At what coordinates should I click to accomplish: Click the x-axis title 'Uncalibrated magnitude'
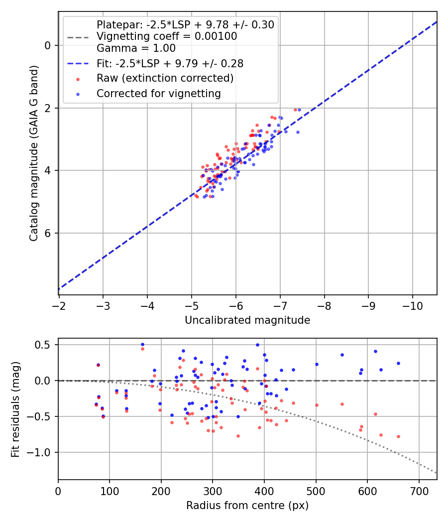coord(247,320)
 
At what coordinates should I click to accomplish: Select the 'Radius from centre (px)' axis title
coord(247,506)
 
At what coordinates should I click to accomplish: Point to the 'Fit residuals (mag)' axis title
coord(16,409)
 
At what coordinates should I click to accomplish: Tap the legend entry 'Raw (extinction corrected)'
coord(165,78)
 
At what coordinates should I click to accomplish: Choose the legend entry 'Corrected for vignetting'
coord(158,93)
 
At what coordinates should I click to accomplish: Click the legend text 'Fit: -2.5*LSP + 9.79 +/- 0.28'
coord(170,64)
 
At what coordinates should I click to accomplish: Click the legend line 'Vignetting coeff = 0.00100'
coord(167,36)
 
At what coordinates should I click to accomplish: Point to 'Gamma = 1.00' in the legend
coord(136,48)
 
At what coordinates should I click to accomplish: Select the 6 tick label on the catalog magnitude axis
coord(48,233)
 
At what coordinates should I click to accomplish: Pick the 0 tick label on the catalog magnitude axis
coord(48,45)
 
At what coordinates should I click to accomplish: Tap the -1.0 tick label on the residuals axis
coord(42,452)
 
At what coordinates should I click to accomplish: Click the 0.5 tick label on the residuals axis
coord(45,345)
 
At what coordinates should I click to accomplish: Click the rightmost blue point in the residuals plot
coord(398,363)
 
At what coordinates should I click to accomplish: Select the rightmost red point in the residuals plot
coord(398,436)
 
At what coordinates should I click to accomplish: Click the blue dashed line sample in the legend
coord(78,64)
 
